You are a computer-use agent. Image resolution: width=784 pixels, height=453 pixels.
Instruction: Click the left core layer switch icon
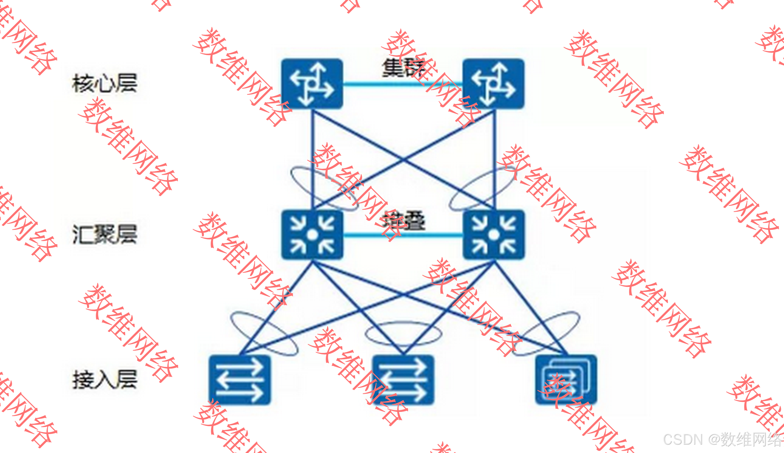click(312, 84)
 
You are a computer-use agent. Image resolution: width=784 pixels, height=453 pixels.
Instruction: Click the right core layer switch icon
click(493, 84)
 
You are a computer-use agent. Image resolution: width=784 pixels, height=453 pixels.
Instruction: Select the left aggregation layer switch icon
click(312, 235)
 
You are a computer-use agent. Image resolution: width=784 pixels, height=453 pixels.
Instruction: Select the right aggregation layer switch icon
click(494, 235)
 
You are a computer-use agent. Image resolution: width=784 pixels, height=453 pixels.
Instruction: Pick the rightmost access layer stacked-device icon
click(566, 379)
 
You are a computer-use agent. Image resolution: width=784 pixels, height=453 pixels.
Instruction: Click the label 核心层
click(105, 83)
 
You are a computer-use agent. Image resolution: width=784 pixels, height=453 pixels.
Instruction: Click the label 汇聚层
click(105, 234)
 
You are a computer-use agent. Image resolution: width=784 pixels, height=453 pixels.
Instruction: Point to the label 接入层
click(105, 379)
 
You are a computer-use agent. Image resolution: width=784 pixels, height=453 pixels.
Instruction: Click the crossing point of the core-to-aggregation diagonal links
click(403, 160)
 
